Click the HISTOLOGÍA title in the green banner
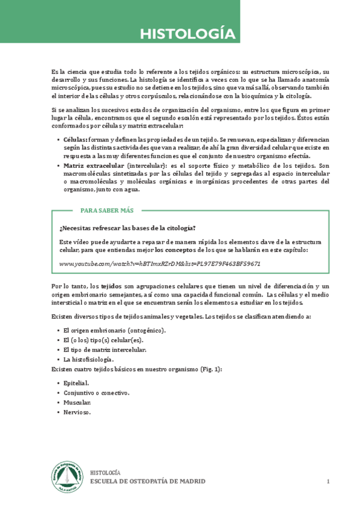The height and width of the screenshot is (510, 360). point(188,34)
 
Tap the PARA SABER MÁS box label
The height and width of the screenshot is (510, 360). point(107,210)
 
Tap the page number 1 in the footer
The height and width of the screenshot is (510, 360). point(329,482)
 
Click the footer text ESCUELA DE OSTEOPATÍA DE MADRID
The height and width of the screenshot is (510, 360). point(147,482)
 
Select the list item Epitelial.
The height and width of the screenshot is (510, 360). point(76,382)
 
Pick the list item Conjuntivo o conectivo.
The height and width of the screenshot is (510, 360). point(96,393)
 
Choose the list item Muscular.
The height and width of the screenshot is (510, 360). point(78,402)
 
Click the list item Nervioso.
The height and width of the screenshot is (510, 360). point(78,413)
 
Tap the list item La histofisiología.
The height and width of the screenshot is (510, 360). point(88,359)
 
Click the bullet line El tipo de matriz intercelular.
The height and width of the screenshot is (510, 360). point(105,349)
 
